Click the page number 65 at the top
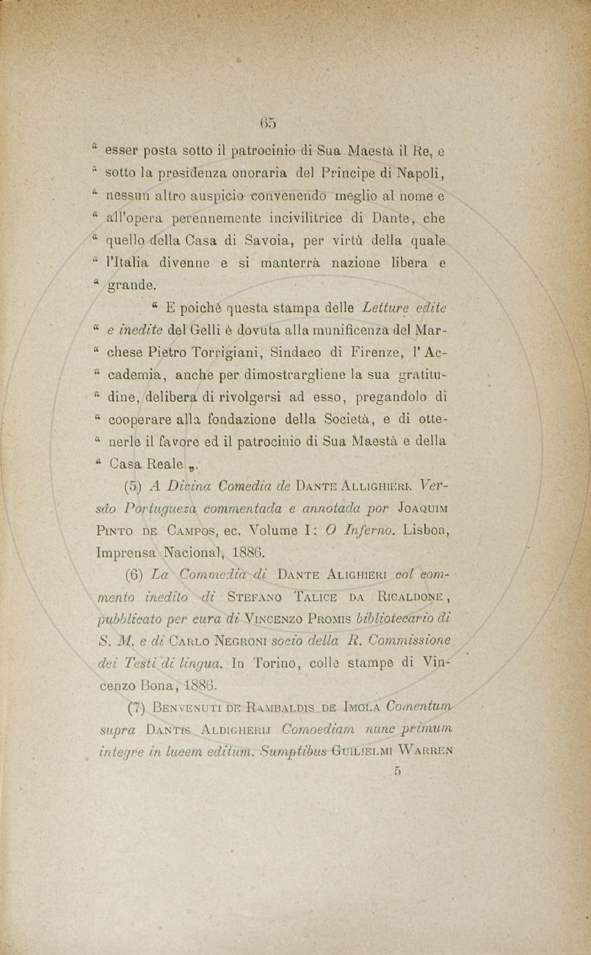(x=268, y=121)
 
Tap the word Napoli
(x=418, y=174)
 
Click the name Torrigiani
(x=253, y=352)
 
